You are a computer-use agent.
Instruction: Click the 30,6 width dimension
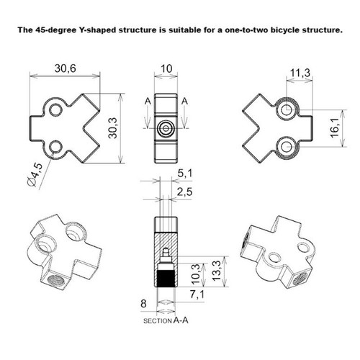[65, 68]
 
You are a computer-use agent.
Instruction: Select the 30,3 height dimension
[113, 128]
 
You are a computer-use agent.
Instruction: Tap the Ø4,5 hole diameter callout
[35, 175]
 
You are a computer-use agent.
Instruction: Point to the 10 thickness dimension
[166, 68]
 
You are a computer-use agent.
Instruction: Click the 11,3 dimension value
[300, 73]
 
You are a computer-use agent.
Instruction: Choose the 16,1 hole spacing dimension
[335, 128]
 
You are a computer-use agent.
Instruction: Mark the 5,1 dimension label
[185, 174]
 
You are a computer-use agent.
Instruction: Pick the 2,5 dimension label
[185, 192]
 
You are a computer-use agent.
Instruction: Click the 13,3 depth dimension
[217, 271]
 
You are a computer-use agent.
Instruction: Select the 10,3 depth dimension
[196, 274]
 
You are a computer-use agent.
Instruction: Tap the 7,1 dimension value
[197, 294]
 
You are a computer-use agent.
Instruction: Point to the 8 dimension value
[143, 304]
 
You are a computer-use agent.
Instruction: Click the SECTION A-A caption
[166, 320]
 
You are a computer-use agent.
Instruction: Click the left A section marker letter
[148, 102]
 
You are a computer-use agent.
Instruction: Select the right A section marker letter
[184, 102]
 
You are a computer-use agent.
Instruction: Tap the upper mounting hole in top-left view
[55, 110]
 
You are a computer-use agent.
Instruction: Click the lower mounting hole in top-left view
[55, 147]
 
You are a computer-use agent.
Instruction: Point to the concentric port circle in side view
[166, 128]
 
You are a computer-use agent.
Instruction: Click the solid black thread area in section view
[166, 279]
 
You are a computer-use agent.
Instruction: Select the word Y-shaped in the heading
[98, 30]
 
